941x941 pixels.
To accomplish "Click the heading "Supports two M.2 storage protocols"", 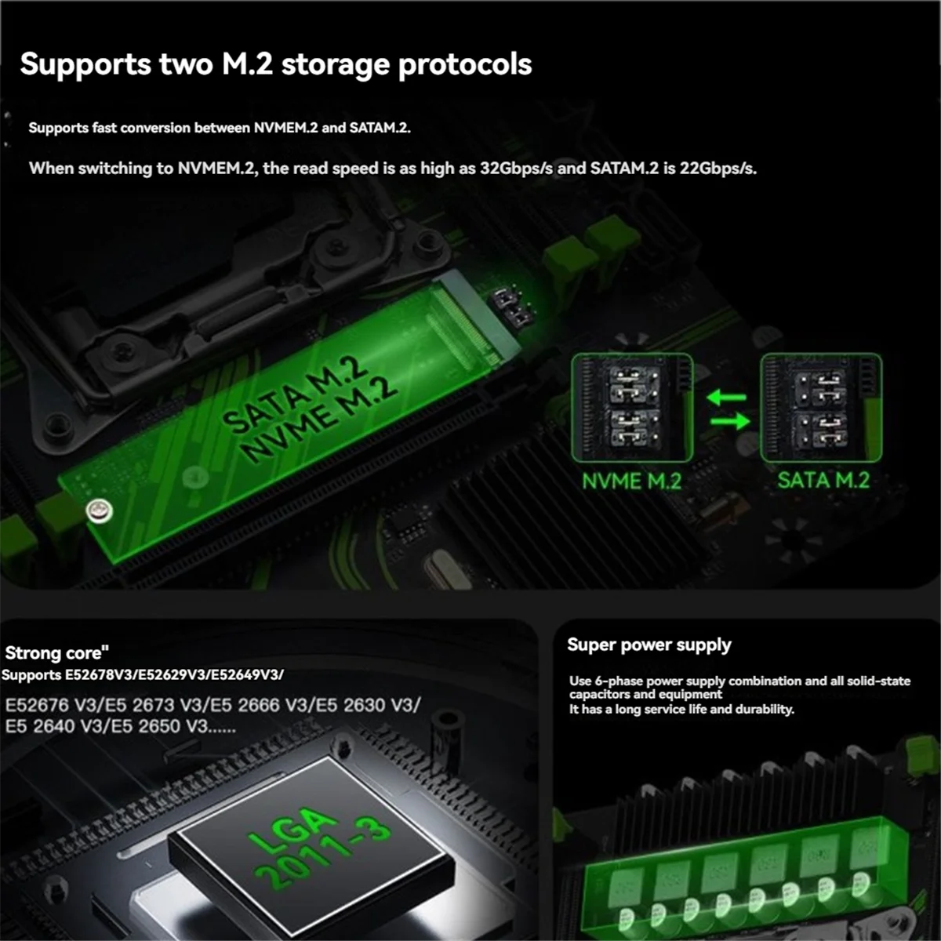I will coord(275,64).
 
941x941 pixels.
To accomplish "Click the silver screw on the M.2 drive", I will coord(99,511).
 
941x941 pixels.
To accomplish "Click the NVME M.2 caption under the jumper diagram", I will coord(631,481).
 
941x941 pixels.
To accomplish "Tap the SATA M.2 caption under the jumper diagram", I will coord(823,480).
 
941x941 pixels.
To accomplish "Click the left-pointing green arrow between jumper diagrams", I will coord(726,398).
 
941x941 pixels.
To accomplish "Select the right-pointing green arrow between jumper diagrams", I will coord(729,422).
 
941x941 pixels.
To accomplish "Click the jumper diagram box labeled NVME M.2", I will coord(632,408).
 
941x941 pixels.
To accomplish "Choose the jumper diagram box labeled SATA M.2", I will coord(821,408).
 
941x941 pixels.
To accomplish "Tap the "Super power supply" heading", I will coord(649,645).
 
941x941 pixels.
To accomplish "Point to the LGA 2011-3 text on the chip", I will coord(318,848).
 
